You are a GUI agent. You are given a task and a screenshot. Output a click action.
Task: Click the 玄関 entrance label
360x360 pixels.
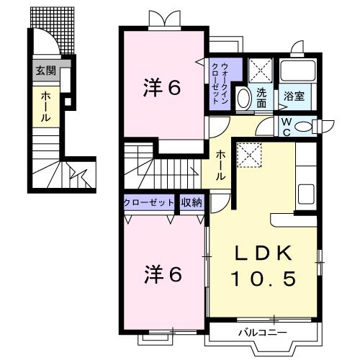(46, 71)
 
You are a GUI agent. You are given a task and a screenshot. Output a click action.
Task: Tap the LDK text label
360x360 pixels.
(264, 253)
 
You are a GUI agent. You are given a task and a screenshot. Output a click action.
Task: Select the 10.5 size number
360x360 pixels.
(264, 279)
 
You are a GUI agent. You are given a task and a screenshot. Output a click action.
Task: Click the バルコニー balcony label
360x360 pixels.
(263, 333)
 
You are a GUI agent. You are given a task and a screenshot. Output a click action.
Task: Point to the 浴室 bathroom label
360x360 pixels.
(294, 96)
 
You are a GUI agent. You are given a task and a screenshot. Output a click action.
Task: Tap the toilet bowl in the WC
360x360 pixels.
(303, 126)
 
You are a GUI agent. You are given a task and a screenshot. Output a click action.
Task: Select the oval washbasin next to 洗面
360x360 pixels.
(244, 99)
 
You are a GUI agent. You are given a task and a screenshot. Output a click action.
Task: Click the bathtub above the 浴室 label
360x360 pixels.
(297, 71)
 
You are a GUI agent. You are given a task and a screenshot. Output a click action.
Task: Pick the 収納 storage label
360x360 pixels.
(192, 202)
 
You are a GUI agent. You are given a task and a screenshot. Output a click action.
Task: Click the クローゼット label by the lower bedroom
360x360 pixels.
(148, 203)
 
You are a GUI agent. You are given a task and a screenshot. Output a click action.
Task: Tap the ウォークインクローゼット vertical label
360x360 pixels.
(220, 83)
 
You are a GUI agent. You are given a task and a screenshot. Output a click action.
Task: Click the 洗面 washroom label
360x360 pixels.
(261, 98)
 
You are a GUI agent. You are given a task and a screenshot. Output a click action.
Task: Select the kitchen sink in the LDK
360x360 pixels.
(306, 194)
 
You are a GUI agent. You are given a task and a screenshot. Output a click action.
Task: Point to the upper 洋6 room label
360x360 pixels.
(162, 88)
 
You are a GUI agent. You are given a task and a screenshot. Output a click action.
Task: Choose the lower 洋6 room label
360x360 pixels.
(163, 274)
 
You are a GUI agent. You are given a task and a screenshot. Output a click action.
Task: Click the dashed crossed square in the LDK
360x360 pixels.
(249, 155)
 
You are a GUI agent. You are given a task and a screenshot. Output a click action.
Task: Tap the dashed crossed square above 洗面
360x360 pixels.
(261, 71)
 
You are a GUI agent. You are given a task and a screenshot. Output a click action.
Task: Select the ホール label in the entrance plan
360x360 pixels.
(46, 107)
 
